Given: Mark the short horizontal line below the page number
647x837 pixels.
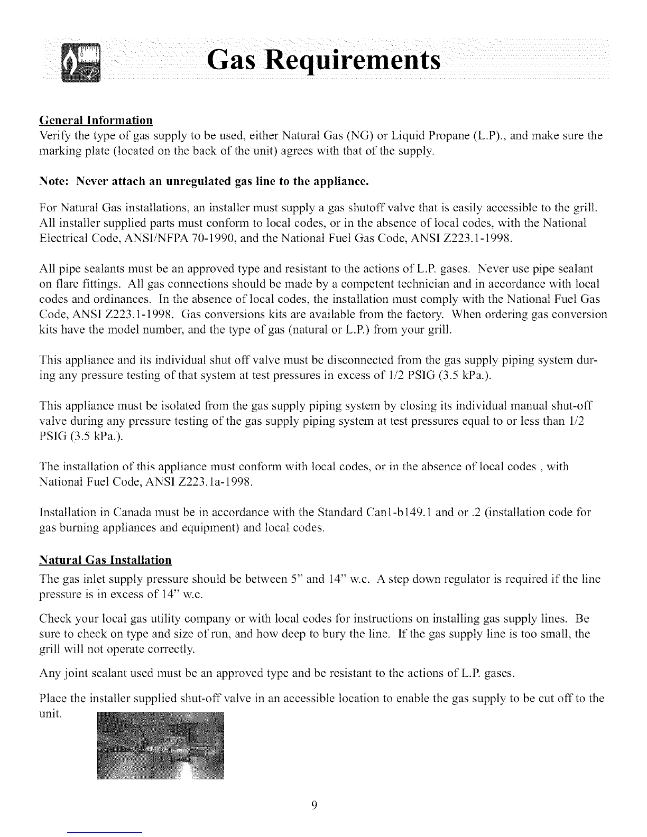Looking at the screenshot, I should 105,832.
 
